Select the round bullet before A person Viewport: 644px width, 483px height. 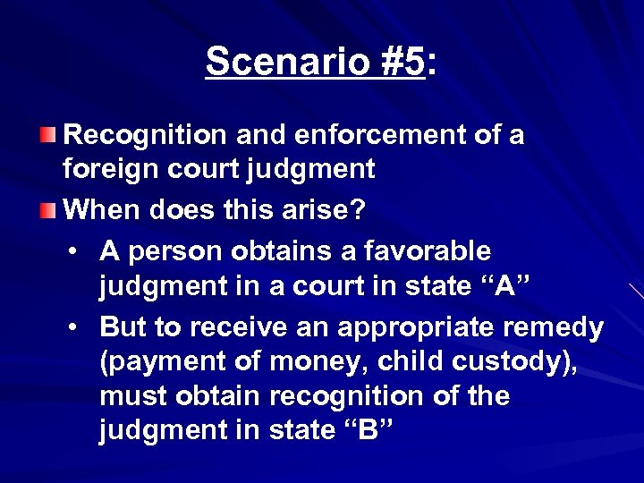[78, 250]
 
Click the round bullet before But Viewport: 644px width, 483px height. [78, 326]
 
